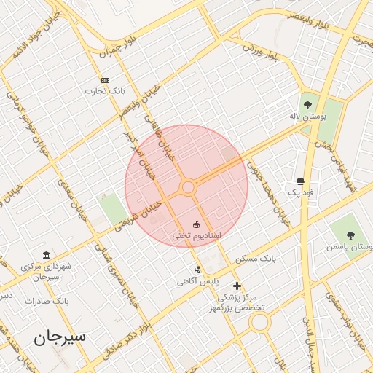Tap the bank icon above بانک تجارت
coord(106,80)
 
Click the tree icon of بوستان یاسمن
coord(351,235)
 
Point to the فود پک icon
coord(300,181)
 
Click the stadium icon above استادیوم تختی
coord(195,224)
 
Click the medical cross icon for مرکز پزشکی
coord(236,286)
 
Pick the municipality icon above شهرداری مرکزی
coord(47,255)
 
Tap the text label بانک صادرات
coord(47,300)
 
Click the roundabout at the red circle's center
coord(187,187)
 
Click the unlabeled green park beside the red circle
coord(112,209)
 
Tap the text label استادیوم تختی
coord(197,236)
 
